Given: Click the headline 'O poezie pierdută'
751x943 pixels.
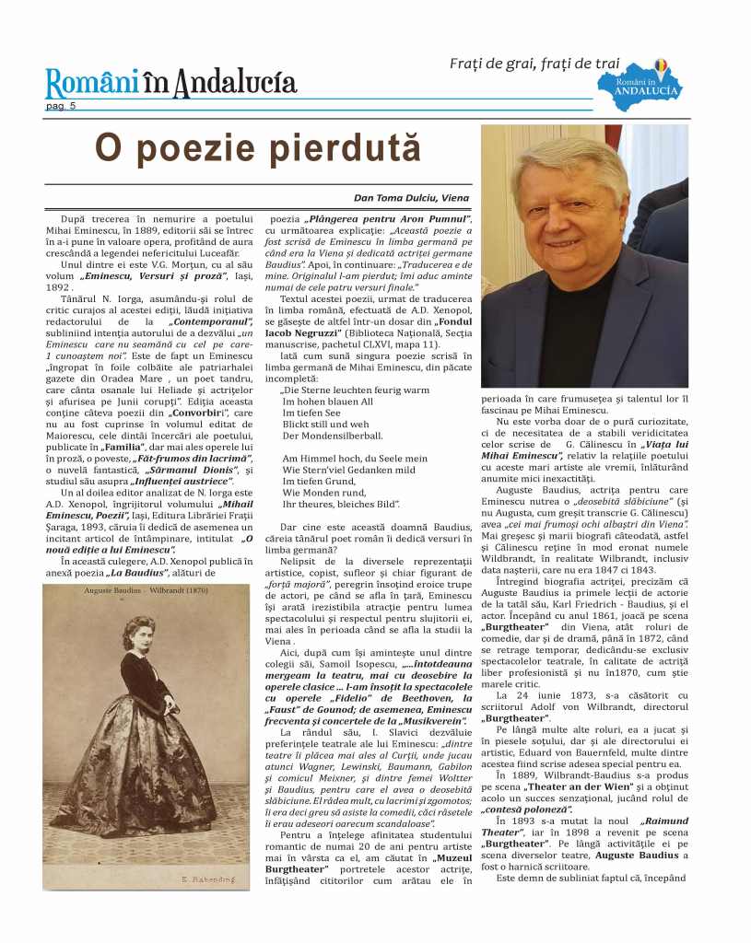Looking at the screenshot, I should pos(258,147).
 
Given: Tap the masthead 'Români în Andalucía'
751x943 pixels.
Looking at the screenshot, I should pos(171,83).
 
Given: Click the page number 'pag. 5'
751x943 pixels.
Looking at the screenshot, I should pos(61,106).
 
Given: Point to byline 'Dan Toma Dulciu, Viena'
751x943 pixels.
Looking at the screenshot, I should pos(411,197).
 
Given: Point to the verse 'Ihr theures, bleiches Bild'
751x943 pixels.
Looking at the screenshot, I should pos(340,504).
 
